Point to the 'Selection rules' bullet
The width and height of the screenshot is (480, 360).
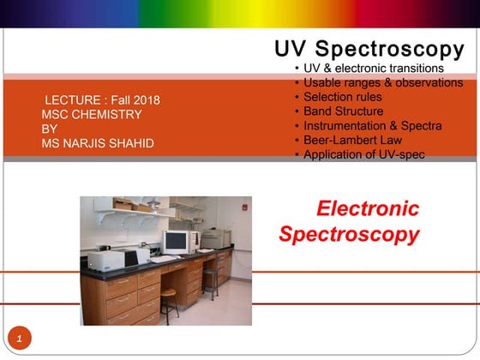coord(343,97)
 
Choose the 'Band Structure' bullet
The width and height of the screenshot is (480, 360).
coord(343,111)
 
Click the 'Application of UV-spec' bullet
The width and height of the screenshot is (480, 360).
coord(364,154)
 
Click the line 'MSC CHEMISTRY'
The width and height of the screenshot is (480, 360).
coord(92,114)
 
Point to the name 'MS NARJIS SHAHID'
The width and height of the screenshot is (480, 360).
coord(98,143)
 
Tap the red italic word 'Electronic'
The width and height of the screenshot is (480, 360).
coord(368,208)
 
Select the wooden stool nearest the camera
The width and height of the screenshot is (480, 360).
coord(168,302)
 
